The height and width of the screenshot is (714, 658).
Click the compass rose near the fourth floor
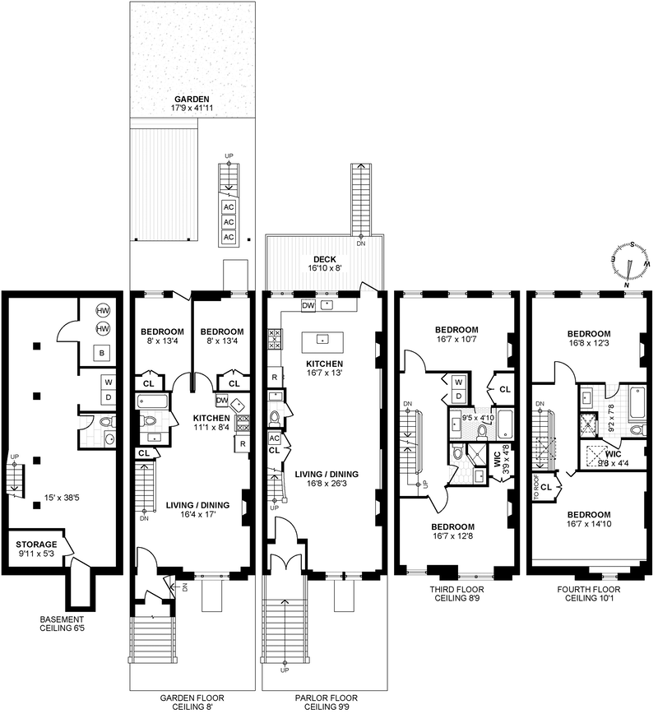click(630, 264)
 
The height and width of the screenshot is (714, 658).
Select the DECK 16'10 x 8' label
click(325, 264)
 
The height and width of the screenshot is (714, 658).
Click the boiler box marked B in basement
click(102, 353)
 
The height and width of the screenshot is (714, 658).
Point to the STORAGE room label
click(36, 549)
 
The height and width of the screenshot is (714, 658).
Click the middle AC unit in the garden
click(229, 222)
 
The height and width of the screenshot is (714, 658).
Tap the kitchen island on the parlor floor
click(322, 342)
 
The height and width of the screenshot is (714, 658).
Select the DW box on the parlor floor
click(308, 305)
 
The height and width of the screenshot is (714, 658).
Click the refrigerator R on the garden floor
click(243, 444)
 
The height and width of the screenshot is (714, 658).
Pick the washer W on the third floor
click(459, 382)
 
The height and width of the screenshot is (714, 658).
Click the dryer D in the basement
click(109, 397)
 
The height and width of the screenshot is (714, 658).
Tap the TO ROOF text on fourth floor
click(536, 491)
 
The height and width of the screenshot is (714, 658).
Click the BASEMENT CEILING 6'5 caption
click(62, 624)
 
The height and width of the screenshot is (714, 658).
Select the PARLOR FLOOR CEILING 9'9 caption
click(326, 702)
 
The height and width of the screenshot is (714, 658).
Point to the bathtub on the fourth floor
click(637, 403)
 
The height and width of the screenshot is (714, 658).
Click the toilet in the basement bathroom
click(108, 422)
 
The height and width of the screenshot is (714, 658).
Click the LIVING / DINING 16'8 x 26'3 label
click(327, 479)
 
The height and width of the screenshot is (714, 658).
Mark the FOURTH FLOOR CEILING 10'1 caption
click(588, 594)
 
